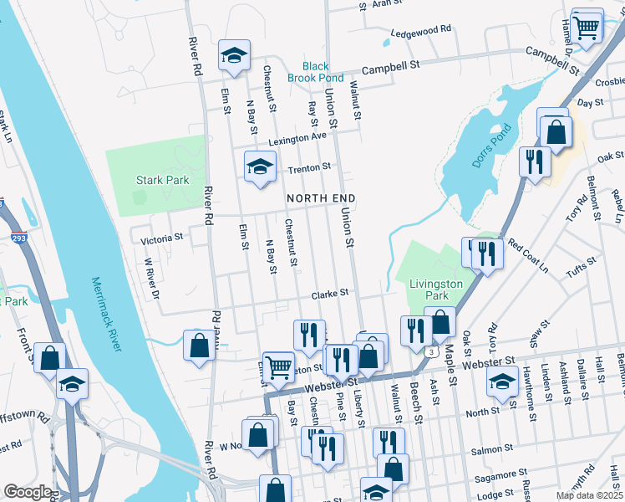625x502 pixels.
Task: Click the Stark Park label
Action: [162, 180]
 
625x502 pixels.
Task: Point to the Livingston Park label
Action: [435, 290]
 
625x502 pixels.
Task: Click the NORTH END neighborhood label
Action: [321, 198]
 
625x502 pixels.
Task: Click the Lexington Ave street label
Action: [297, 136]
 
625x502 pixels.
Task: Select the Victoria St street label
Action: [161, 238]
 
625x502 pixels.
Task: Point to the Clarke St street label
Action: [329, 295]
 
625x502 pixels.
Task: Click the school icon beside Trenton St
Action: [260, 166]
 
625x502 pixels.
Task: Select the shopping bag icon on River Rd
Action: [199, 345]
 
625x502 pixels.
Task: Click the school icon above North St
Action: [501, 382]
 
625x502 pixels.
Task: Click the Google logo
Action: [28, 492]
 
